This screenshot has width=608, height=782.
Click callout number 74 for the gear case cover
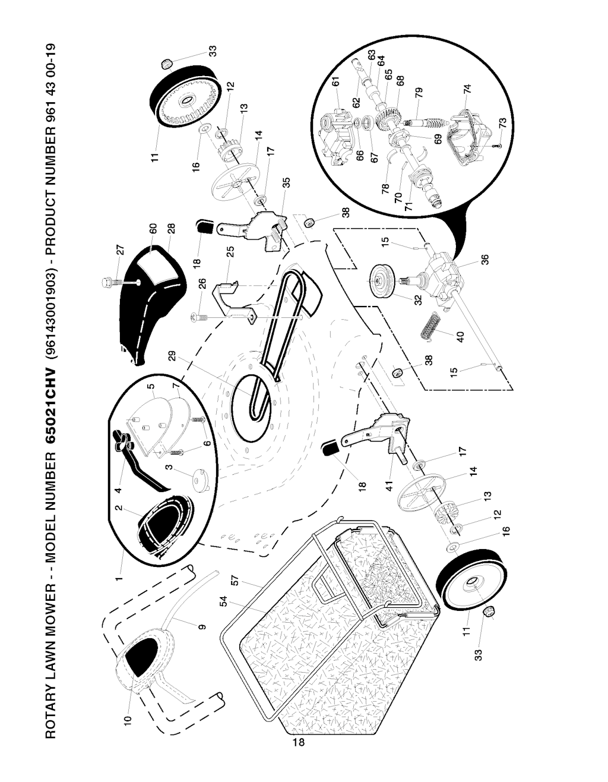pos(467,89)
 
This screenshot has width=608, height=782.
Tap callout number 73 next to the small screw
pos(503,123)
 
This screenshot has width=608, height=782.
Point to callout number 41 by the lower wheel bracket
pos(389,485)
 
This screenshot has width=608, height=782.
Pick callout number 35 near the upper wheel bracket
pos(286,183)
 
